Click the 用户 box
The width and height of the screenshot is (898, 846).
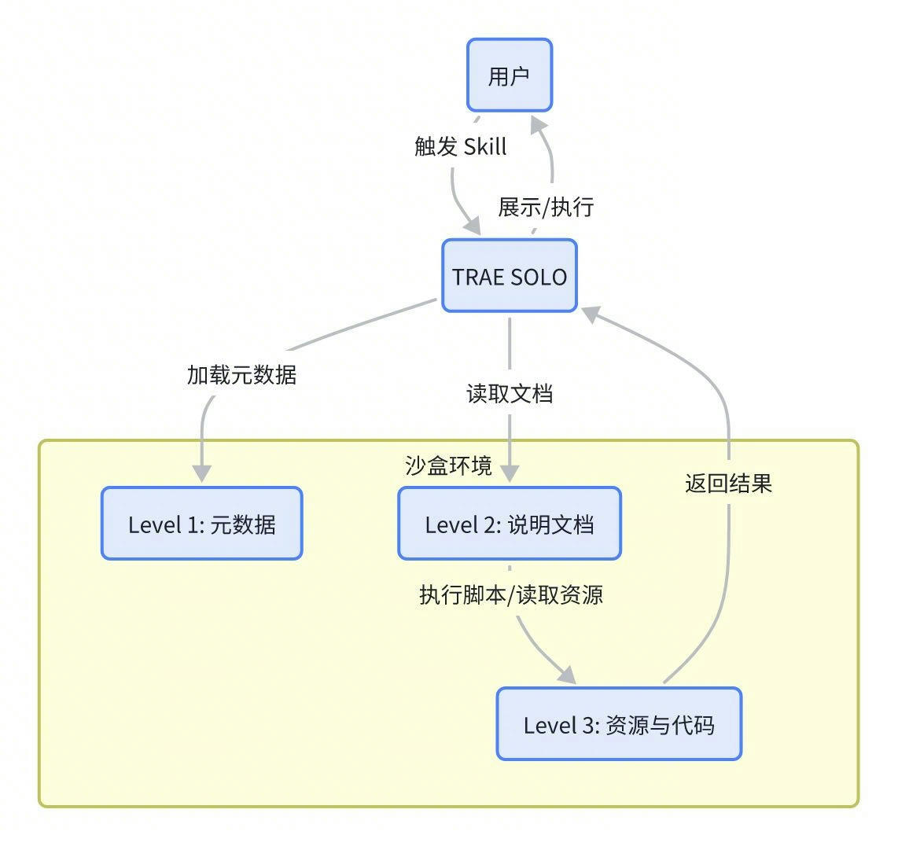(x=510, y=75)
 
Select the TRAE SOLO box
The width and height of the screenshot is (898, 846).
(x=510, y=276)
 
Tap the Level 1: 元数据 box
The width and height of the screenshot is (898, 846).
(x=201, y=524)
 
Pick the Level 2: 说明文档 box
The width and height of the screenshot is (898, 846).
(x=510, y=524)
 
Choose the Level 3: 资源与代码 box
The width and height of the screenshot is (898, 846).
(x=619, y=724)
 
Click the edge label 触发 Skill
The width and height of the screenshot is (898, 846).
(x=461, y=146)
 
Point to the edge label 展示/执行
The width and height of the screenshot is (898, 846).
(x=546, y=207)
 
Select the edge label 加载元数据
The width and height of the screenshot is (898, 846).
(x=241, y=374)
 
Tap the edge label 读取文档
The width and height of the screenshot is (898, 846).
(x=510, y=393)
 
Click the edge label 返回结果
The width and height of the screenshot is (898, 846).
(x=728, y=483)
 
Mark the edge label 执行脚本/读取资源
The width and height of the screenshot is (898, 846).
(x=511, y=594)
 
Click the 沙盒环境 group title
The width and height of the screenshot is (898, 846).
(x=448, y=465)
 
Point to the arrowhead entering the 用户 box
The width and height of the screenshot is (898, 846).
(x=539, y=124)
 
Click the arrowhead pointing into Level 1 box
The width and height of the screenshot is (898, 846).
(x=202, y=473)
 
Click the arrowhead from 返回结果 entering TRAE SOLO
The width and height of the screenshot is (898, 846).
(x=591, y=314)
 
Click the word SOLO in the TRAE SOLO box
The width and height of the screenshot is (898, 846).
(x=539, y=277)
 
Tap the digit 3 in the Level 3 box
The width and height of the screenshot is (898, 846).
(x=591, y=725)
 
